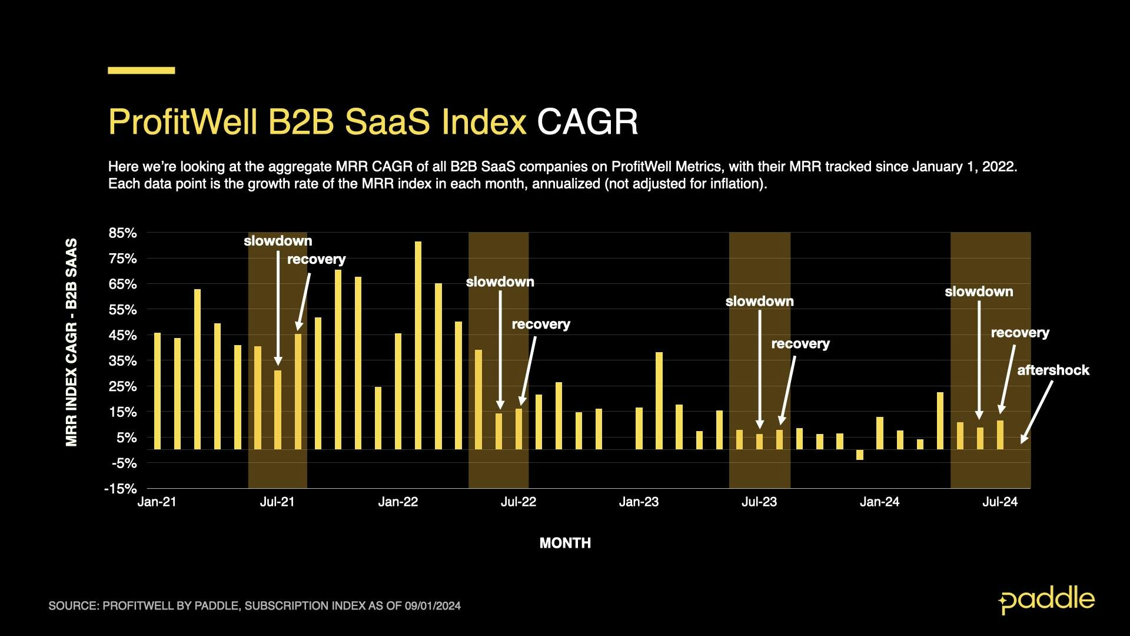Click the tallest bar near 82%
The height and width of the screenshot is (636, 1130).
(418, 345)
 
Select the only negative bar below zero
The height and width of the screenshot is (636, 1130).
(860, 455)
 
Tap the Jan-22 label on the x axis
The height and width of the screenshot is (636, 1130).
(398, 502)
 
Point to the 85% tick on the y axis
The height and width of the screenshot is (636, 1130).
(122, 233)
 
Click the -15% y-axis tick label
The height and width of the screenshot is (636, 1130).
(120, 489)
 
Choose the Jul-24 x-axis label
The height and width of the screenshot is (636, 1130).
(1000, 502)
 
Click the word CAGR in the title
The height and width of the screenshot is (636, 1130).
(587, 122)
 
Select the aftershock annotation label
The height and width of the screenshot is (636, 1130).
(1053, 370)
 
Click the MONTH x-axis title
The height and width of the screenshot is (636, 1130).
(565, 543)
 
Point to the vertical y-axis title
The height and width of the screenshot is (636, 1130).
(71, 342)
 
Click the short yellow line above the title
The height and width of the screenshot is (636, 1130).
(141, 71)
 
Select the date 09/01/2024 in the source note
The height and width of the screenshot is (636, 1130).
(433, 606)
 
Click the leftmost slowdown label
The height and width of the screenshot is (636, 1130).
(278, 241)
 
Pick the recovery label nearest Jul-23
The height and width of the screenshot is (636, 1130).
(800, 344)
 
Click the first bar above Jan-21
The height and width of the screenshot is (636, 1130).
(157, 391)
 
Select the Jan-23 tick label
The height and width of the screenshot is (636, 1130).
(639, 502)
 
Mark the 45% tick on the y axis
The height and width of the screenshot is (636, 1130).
(122, 336)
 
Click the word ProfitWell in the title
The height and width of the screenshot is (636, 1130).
(182, 122)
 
